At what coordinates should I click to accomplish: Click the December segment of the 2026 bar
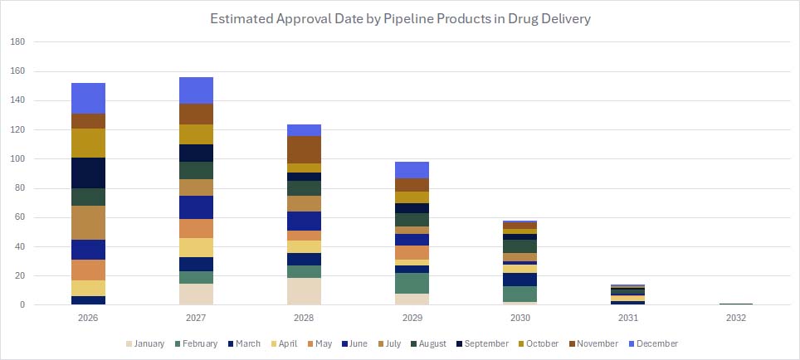coord(88,98)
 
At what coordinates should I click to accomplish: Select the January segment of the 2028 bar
coord(305,291)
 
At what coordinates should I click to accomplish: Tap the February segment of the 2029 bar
coord(412,283)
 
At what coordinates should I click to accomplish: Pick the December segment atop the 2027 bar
coord(196,90)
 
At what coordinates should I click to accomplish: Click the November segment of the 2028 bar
coord(305,149)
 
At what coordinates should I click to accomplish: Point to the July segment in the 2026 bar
coord(88,222)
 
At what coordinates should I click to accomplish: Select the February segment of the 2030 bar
coord(520,294)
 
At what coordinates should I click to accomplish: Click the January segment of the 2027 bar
coord(196,294)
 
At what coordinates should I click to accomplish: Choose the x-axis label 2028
coord(305,316)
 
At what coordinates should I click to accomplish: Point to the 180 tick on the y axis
coord(18,41)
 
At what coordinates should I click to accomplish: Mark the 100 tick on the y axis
coord(18,158)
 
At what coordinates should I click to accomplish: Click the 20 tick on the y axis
coord(21,275)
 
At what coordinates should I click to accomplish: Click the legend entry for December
coord(654,343)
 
